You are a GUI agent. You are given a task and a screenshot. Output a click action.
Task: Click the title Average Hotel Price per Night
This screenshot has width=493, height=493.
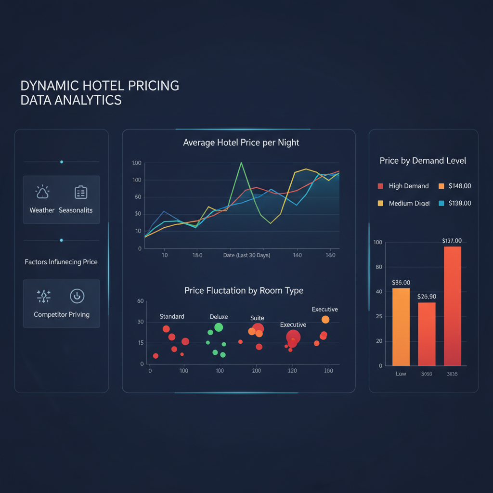tap(241, 143)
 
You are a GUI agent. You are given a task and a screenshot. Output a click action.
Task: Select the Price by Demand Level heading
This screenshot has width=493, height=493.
tap(423, 161)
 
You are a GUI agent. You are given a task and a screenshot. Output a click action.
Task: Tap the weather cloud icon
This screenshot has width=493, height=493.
tap(42, 193)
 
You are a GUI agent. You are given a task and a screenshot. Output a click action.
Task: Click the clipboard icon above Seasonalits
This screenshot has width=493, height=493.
tap(80, 193)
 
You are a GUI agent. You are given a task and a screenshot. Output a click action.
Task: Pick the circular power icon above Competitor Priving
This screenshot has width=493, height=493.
tap(77, 296)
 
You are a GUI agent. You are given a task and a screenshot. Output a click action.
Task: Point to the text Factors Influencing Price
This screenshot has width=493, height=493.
tap(61, 262)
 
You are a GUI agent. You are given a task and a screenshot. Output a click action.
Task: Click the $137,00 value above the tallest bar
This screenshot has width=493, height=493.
tap(452, 241)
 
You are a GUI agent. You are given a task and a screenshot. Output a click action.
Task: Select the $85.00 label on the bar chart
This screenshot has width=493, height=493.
tap(401, 283)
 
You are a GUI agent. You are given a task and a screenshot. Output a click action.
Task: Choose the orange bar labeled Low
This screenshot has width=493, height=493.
tap(401, 327)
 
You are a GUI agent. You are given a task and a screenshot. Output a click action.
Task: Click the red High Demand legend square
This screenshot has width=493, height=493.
tap(380, 186)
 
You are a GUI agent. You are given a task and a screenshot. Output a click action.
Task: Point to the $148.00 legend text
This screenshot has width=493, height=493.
tap(460, 186)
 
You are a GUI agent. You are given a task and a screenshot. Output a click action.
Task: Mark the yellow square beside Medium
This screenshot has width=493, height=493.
tap(380, 203)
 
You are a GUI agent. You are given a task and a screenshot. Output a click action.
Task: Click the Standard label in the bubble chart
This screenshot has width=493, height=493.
tap(172, 316)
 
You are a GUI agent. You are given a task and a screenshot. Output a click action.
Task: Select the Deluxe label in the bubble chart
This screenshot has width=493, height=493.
tap(219, 317)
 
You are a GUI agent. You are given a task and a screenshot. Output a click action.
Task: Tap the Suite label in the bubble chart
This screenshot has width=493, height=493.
tap(257, 318)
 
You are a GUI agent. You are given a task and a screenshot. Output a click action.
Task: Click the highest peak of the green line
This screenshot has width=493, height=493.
tap(241, 163)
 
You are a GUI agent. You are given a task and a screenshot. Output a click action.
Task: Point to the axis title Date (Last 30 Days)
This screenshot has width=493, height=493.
tap(246, 255)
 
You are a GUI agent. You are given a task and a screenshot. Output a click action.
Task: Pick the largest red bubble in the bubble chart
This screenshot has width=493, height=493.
tap(293, 337)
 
